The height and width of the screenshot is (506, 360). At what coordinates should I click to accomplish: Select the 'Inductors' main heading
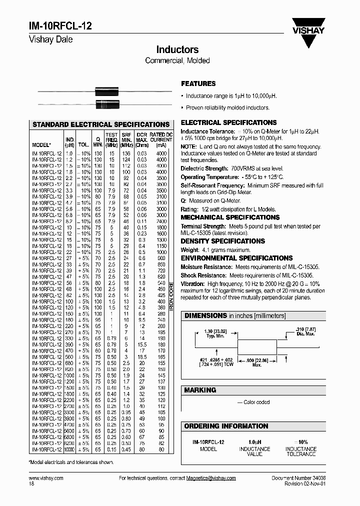177,49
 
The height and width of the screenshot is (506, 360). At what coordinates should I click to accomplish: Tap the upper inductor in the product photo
108,91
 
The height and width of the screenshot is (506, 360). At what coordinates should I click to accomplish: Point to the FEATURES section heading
198,83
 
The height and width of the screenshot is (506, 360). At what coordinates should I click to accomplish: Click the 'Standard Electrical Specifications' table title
101,124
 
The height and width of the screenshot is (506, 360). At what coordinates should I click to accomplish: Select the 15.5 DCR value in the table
142,344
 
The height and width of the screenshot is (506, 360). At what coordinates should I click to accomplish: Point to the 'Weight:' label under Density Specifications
189,249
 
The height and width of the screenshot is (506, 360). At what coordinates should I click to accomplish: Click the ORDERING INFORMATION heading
226,426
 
